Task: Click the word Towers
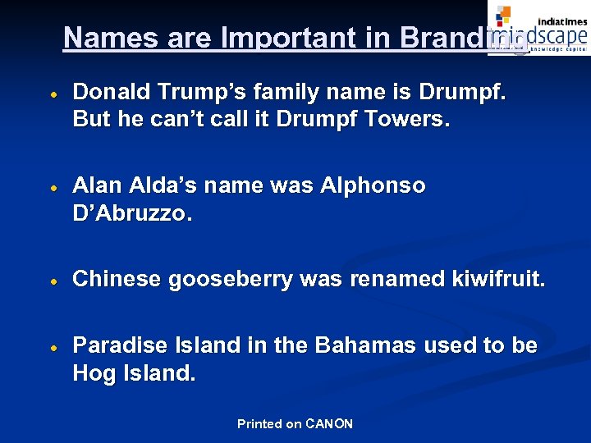click(408, 119)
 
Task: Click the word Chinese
click(117, 279)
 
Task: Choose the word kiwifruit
click(497, 279)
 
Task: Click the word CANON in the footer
click(328, 424)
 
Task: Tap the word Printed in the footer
click(259, 424)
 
